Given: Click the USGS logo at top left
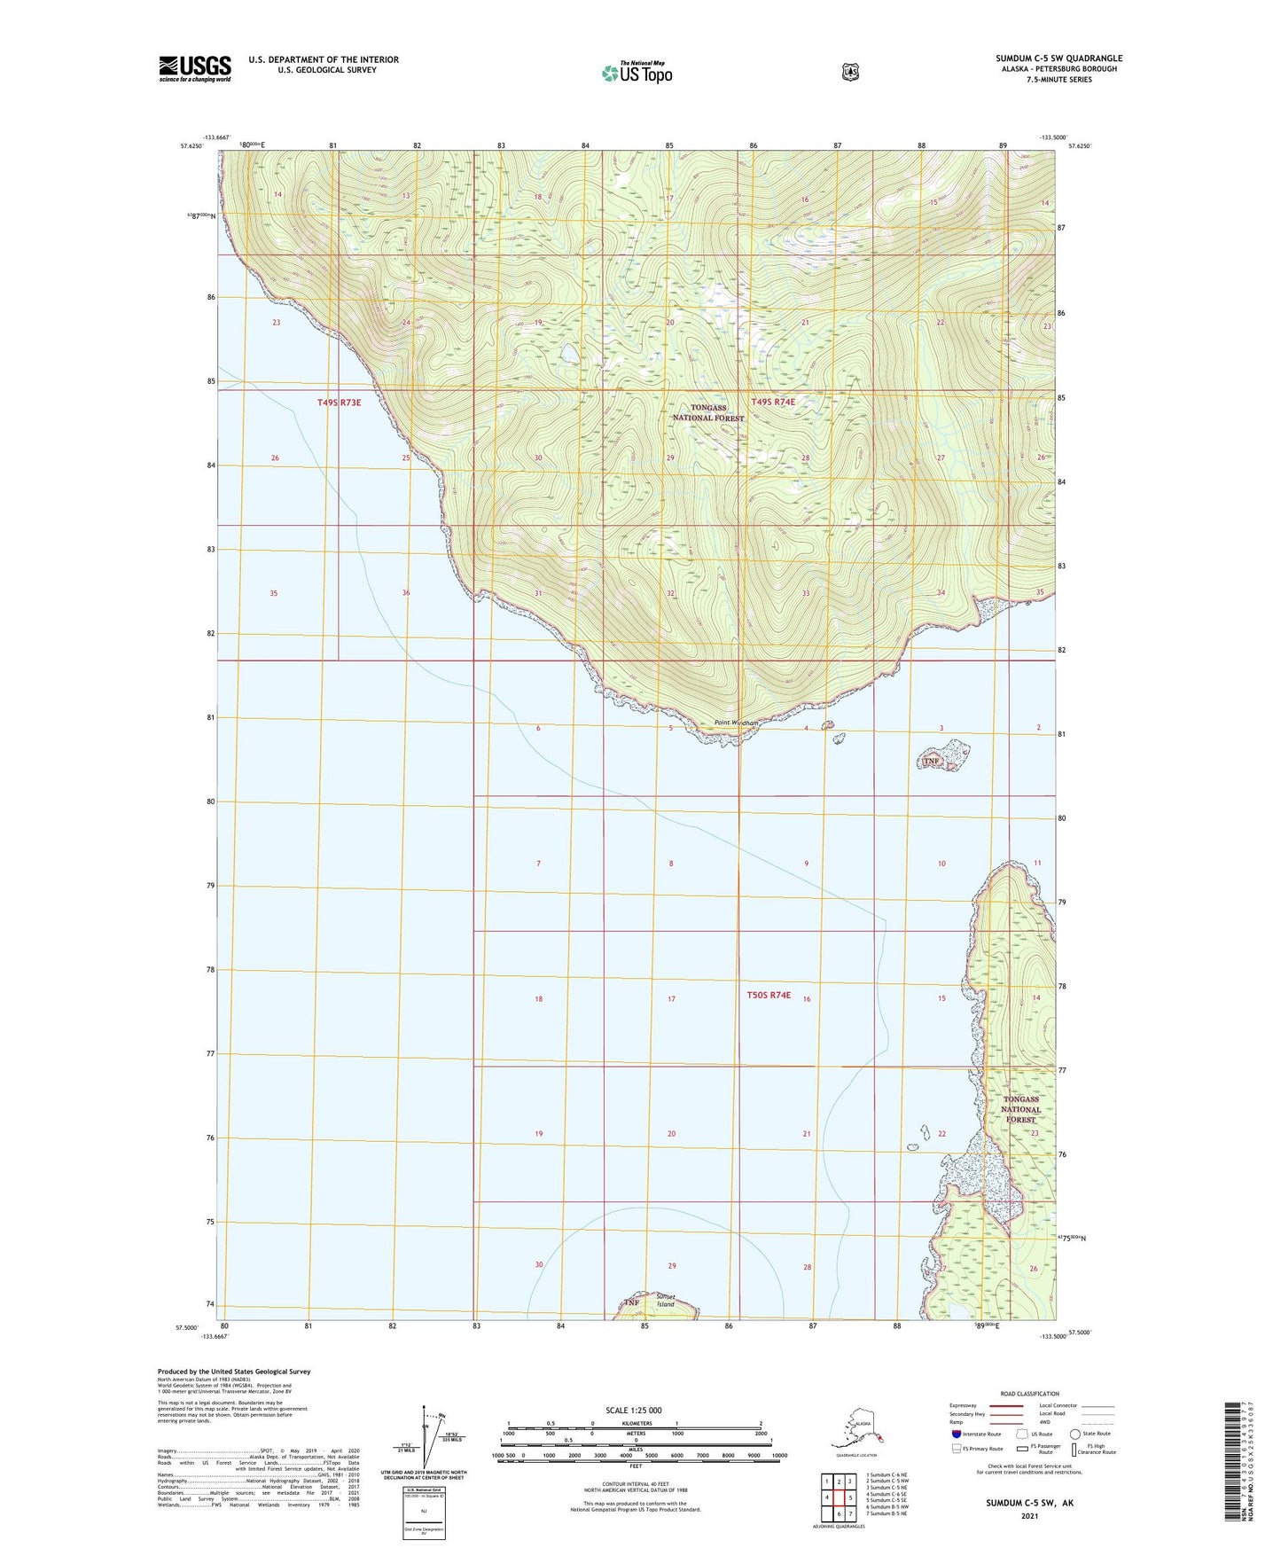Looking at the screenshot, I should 195,68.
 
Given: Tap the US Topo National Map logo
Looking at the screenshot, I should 637,72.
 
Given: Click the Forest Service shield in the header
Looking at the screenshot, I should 850,72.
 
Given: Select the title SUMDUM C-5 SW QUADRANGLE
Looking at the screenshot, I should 1058,59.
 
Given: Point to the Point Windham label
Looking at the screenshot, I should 736,723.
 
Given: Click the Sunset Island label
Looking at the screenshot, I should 666,1300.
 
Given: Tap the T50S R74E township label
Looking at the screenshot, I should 769,996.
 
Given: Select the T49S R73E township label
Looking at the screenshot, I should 339,403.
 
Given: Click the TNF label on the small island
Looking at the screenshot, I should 930,761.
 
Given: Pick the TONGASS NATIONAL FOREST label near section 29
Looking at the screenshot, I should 708,412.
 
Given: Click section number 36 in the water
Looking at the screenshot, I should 406,592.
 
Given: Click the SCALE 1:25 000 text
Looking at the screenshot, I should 633,1410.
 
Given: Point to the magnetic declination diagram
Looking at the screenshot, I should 432,1438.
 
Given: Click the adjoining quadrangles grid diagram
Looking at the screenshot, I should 838,1494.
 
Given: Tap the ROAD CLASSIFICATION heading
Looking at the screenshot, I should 1028,1394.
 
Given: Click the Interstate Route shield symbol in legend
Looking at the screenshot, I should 955,1434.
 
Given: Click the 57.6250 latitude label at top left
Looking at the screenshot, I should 189,147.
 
